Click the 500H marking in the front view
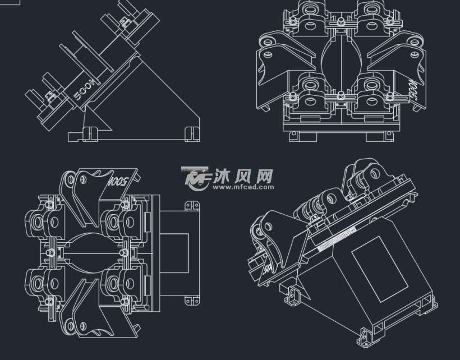pyautogui.click(x=413, y=90)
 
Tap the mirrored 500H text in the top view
pyautogui.click(x=119, y=182)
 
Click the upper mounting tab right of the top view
pyautogui.click(x=194, y=206)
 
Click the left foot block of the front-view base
pyautogui.click(x=296, y=136)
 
